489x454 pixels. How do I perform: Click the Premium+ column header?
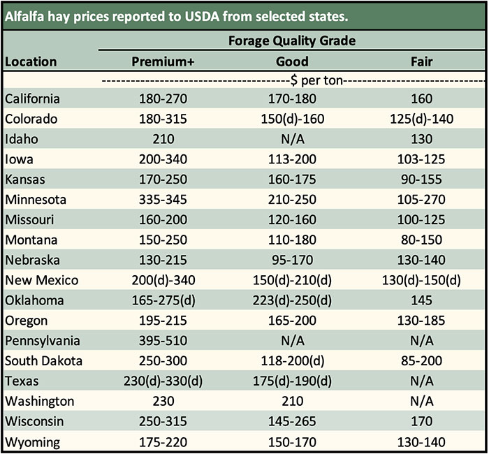click(163, 61)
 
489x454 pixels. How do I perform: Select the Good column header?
click(292, 61)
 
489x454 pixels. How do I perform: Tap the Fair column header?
click(421, 61)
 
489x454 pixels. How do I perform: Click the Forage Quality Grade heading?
click(292, 41)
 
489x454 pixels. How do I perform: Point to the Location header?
click(31, 61)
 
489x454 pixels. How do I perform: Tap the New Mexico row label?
click(41, 281)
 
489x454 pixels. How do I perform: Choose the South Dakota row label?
click(43, 361)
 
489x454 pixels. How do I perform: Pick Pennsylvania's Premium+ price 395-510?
click(163, 341)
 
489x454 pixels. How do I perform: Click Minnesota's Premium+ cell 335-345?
click(163, 200)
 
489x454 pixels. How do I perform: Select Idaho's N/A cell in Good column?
click(292, 139)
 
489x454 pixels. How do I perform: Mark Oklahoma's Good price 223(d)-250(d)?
click(292, 301)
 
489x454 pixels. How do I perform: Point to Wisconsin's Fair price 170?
click(421, 422)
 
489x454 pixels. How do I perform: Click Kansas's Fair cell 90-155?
click(421, 180)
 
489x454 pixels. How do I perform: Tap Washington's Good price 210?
click(292, 402)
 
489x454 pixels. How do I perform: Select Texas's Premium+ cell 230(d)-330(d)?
click(163, 381)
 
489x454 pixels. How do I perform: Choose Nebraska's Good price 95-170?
click(292, 261)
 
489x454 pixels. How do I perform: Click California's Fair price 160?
click(421, 99)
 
